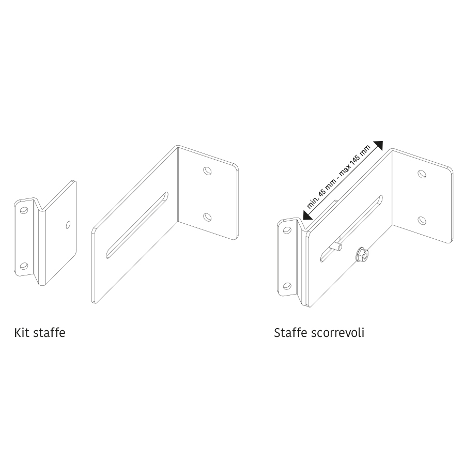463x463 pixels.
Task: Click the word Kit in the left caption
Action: pyautogui.click(x=22, y=333)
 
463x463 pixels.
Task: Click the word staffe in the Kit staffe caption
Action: pyautogui.click(x=49, y=333)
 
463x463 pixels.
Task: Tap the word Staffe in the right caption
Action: pyautogui.click(x=290, y=333)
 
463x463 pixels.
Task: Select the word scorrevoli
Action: pyautogui.click(x=338, y=333)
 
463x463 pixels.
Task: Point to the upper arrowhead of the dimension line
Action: pyautogui.click(x=378, y=145)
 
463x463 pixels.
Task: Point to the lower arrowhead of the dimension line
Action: pyautogui.click(x=307, y=215)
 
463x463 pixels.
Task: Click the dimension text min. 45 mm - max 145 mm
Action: pyautogui.click(x=338, y=177)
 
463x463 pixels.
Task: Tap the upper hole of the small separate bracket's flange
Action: pyautogui.click(x=24, y=210)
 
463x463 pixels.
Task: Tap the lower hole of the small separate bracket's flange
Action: pyautogui.click(x=24, y=266)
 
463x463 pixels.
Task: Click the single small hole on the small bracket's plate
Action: pyautogui.click(x=68, y=225)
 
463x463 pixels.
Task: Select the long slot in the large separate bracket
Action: pyautogui.click(x=137, y=225)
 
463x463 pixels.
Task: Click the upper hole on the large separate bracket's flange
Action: pyautogui.click(x=207, y=171)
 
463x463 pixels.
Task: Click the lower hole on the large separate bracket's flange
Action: pyautogui.click(x=207, y=218)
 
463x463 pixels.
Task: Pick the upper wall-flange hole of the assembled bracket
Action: pyautogui.click(x=422, y=174)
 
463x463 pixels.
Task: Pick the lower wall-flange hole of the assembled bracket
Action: pyautogui.click(x=422, y=220)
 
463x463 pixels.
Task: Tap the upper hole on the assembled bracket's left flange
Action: pyautogui.click(x=287, y=230)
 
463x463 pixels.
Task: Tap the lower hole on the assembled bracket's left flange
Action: pyautogui.click(x=287, y=286)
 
